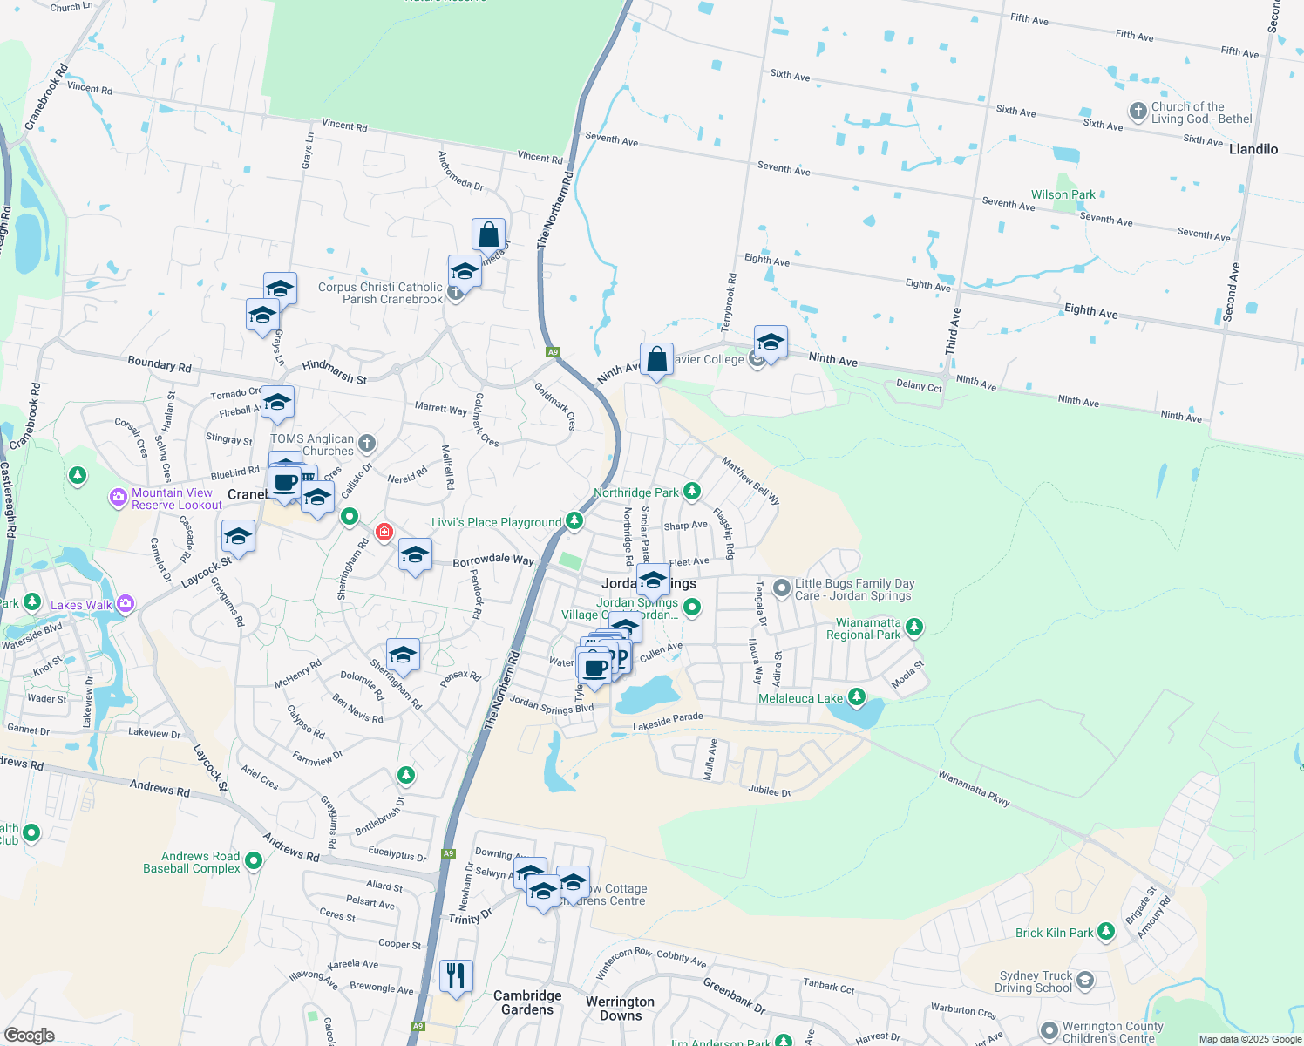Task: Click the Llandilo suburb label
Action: coord(1253,149)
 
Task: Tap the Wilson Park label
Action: coord(1063,194)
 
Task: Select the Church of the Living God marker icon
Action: coord(1138,112)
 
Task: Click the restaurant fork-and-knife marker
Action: coord(456,976)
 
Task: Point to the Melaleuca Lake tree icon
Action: coord(857,696)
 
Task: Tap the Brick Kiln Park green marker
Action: coord(1106,932)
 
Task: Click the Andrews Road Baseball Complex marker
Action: coord(254,861)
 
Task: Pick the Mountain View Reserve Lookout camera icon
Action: coord(119,498)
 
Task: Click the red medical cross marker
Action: coord(384,532)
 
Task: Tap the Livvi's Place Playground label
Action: coord(496,522)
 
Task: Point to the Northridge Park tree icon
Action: coord(692,492)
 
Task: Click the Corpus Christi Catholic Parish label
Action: coord(380,293)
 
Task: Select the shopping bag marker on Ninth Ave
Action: coord(656,359)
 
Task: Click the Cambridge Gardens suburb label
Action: coord(527,1002)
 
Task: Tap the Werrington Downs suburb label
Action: coord(620,1009)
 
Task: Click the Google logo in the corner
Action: coord(30,1035)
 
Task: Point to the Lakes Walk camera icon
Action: coord(126,603)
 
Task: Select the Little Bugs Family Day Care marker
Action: coord(782,588)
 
